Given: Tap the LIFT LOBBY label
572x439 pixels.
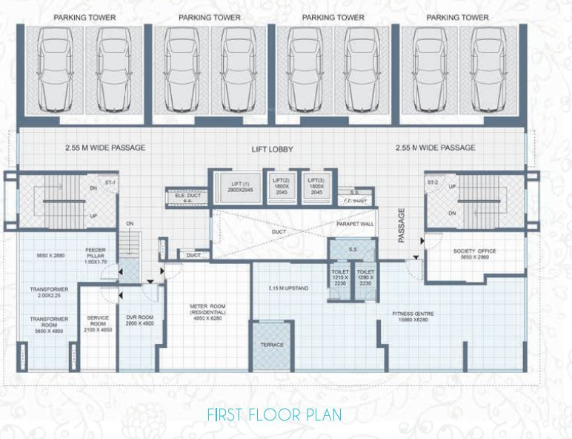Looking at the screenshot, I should (271, 150).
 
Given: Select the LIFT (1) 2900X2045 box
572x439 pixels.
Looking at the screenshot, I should (235, 186).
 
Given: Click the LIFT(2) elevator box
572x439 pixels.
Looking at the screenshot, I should (281, 186).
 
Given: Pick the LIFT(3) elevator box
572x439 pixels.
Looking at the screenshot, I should (316, 186).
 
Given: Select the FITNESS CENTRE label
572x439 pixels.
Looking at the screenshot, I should (413, 314).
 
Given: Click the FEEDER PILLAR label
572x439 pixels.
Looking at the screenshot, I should (96, 254).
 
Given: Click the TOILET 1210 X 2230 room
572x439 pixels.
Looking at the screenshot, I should (339, 277).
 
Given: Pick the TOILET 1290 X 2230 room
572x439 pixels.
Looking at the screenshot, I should (365, 277).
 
